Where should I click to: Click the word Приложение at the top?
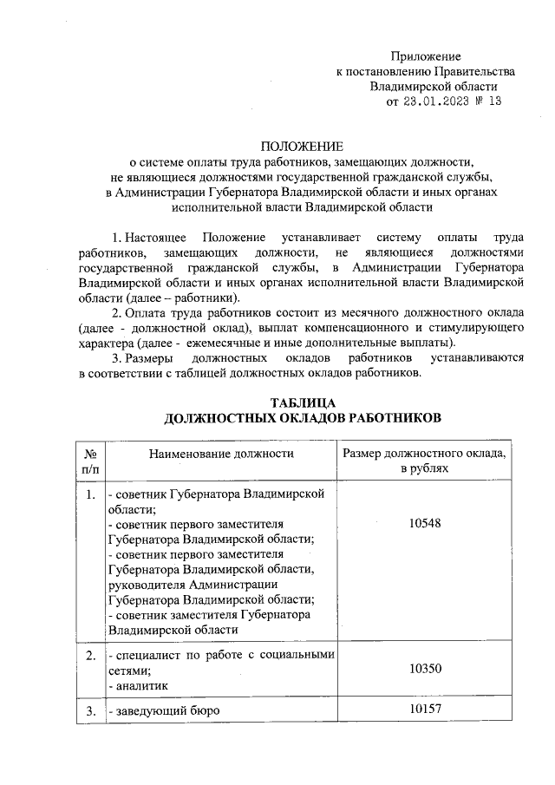click(x=425, y=56)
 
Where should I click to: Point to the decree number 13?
click(x=495, y=102)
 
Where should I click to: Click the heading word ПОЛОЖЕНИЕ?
click(x=303, y=146)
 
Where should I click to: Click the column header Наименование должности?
click(x=221, y=454)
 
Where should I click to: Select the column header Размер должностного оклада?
click(x=425, y=454)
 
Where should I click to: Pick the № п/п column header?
click(x=90, y=461)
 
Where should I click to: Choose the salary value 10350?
click(x=425, y=669)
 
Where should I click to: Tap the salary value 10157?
click(x=425, y=711)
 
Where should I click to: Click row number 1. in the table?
click(x=90, y=494)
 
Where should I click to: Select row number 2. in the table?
click(x=90, y=654)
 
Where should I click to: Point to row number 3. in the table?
click(x=90, y=711)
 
